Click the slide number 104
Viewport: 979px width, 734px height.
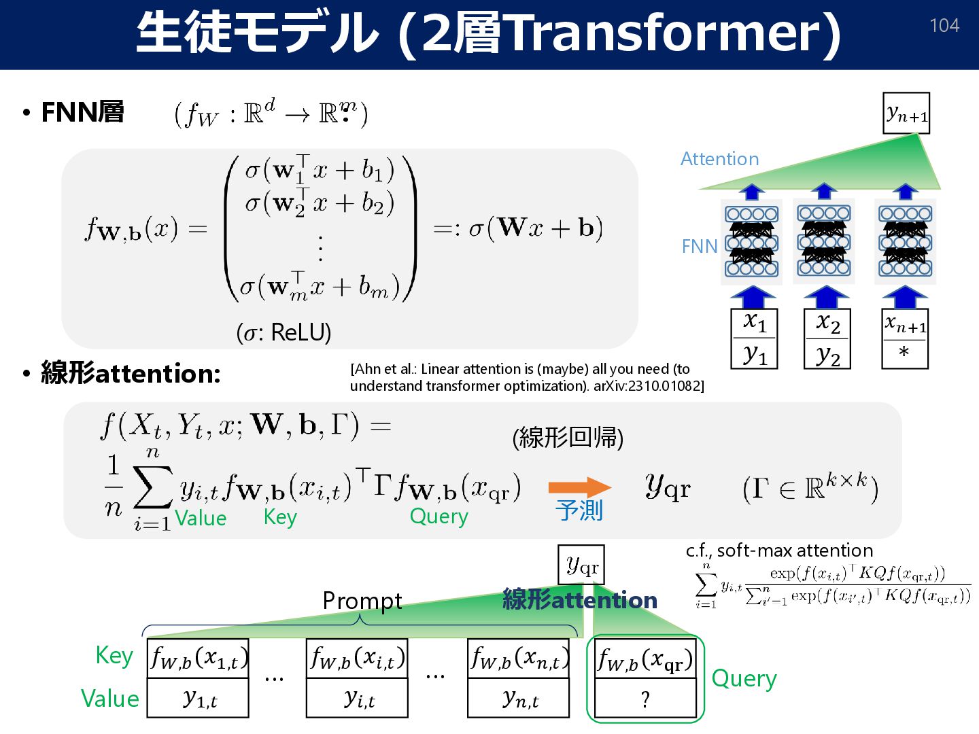click(x=944, y=26)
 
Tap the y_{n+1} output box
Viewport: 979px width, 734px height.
click(x=906, y=113)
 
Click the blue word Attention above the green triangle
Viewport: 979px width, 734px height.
click(x=719, y=159)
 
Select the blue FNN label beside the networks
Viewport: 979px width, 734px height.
click(x=699, y=246)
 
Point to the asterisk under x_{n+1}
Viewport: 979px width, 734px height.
click(x=904, y=353)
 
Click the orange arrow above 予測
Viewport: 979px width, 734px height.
click(x=579, y=487)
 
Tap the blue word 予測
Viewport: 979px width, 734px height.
click(x=579, y=510)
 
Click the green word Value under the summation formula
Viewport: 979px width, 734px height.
click(x=201, y=518)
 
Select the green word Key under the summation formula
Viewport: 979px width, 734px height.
click(x=280, y=517)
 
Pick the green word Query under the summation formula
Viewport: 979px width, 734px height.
click(x=439, y=517)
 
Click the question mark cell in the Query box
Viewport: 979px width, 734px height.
click(x=645, y=699)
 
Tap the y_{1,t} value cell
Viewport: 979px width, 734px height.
click(x=199, y=698)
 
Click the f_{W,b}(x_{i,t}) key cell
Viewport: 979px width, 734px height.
click(x=358, y=658)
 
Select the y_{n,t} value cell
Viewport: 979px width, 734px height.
click(x=519, y=698)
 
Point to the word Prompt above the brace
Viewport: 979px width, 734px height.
click(x=362, y=601)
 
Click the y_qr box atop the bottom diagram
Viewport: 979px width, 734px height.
click(x=581, y=564)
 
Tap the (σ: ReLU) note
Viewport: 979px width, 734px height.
click(x=284, y=332)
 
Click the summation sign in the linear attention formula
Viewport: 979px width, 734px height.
click(x=152, y=487)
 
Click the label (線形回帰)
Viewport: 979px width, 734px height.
click(x=568, y=437)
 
